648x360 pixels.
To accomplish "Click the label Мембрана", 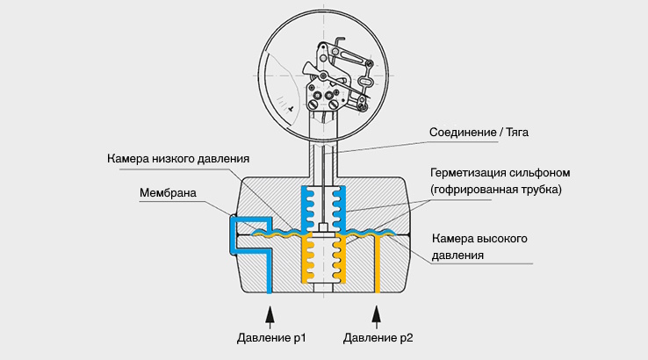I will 167,192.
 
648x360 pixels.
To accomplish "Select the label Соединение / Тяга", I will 479,133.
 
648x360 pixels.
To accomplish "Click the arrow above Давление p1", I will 270,313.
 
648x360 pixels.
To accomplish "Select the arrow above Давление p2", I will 378,313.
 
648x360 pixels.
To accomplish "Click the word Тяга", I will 515,133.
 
